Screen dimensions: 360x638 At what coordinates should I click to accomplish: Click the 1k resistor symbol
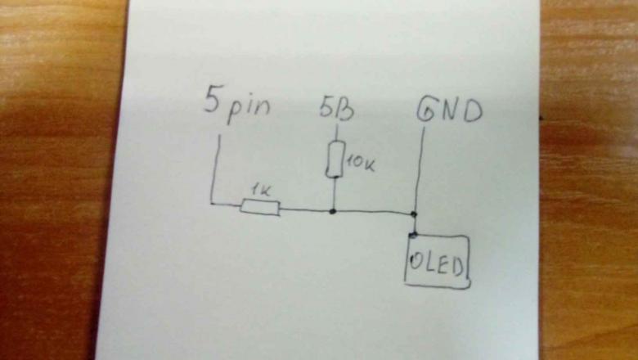(x=260, y=208)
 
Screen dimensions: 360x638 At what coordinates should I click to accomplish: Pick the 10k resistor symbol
(x=334, y=159)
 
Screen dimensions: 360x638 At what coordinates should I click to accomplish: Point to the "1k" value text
(x=262, y=191)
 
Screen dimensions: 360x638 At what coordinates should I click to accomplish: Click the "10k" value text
(x=360, y=164)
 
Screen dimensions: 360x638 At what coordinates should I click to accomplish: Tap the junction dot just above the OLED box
(x=415, y=214)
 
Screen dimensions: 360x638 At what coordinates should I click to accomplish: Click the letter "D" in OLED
(x=458, y=263)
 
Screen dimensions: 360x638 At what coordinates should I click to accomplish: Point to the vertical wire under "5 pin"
(x=218, y=168)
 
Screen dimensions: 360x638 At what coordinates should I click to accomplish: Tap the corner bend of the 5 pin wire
(x=211, y=201)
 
